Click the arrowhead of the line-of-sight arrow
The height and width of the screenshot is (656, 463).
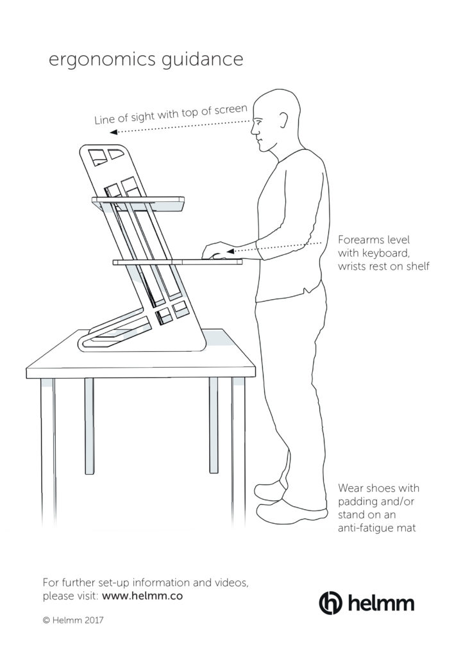click(x=112, y=133)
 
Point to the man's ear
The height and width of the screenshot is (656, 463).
click(x=282, y=119)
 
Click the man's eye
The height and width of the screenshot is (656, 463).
click(x=257, y=121)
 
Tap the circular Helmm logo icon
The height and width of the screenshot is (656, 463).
click(x=331, y=602)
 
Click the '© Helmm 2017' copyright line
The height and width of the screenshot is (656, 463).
click(x=73, y=621)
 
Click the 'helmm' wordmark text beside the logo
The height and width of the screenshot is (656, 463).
click(x=382, y=603)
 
